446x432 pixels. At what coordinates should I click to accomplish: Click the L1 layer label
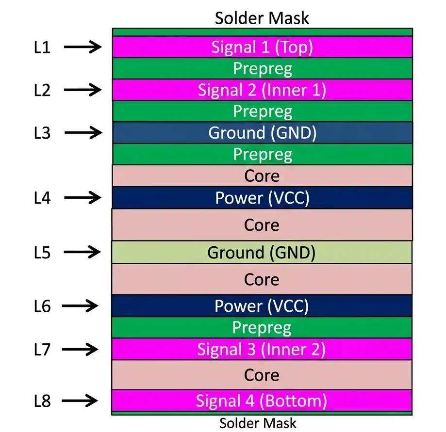tap(42, 48)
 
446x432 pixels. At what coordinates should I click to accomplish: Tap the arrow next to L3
tap(83, 132)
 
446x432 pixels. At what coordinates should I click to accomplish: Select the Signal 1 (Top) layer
tap(262, 47)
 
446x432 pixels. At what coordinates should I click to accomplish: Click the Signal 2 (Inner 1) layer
tap(262, 90)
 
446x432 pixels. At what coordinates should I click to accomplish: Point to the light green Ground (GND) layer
tap(262, 252)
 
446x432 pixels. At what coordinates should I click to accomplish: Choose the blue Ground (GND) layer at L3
tap(262, 132)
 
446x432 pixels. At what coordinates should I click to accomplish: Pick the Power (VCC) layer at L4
tap(262, 198)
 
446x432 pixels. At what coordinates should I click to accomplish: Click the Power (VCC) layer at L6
tap(262, 306)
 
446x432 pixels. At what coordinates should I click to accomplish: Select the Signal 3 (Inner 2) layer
tap(262, 349)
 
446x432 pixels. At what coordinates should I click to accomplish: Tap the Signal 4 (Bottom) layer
tap(262, 400)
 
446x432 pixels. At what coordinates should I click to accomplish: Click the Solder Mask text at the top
tap(262, 18)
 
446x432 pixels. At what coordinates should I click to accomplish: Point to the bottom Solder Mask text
tap(258, 423)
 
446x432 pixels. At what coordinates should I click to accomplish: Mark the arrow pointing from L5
tap(83, 252)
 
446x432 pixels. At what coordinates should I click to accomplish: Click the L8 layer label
tap(42, 401)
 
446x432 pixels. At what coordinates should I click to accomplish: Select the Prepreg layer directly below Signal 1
tap(262, 68)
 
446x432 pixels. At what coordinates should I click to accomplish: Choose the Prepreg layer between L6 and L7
tap(262, 328)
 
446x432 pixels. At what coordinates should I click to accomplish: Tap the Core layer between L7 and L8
tap(262, 375)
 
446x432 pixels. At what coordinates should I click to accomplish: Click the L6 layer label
tap(42, 306)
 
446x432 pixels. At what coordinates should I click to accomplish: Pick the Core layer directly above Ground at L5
tap(262, 225)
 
